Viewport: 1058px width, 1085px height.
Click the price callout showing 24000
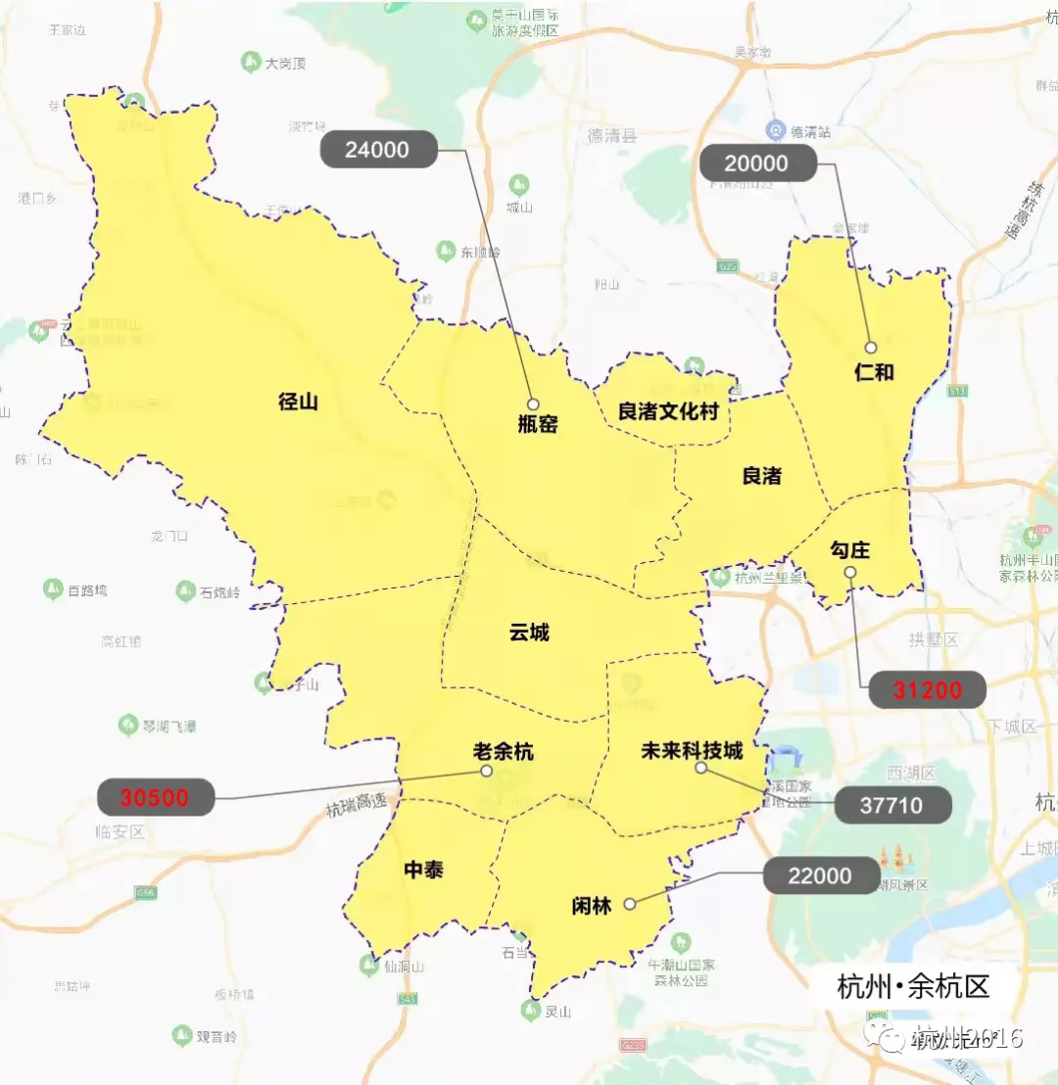[x=378, y=150]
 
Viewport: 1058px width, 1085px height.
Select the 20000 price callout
[x=757, y=162]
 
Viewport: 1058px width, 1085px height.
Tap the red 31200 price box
[x=927, y=690]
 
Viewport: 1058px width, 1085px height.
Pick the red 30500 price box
[x=157, y=797]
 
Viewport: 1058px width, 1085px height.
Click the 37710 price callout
[x=892, y=805]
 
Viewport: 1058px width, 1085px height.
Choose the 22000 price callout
[x=820, y=875]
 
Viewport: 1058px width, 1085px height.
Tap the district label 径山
[x=299, y=401]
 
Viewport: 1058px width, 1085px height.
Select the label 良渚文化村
[x=668, y=411]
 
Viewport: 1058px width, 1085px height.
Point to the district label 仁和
[x=874, y=372]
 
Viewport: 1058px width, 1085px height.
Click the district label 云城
[x=529, y=633]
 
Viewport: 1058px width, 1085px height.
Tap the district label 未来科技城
[x=692, y=751]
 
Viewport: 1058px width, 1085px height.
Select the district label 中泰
[x=423, y=870]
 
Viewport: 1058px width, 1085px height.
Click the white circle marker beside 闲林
[x=630, y=904]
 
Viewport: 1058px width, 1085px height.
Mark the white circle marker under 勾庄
[x=850, y=573]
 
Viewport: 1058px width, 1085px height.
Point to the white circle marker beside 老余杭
[x=487, y=771]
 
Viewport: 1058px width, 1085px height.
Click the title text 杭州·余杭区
[x=913, y=985]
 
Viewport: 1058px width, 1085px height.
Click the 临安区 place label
[x=120, y=831]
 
